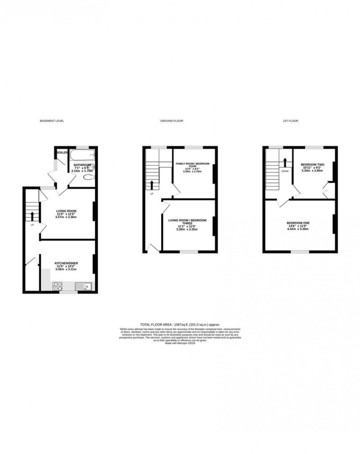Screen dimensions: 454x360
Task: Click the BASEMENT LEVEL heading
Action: [x=52, y=121]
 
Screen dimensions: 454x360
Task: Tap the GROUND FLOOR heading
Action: [x=172, y=121]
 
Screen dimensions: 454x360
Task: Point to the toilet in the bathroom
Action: [x=88, y=178]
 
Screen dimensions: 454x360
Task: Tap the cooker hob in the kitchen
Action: [x=58, y=286]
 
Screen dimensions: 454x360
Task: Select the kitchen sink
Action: [x=83, y=286]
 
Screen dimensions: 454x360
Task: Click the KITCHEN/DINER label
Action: [x=66, y=263]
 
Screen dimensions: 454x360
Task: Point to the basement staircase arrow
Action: [x=32, y=216]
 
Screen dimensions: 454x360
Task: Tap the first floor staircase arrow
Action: [x=285, y=162]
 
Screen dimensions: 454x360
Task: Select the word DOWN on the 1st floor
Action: [x=285, y=171]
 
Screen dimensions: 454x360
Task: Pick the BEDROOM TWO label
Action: [x=312, y=164]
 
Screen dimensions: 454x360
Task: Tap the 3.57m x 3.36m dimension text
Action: [x=66, y=217]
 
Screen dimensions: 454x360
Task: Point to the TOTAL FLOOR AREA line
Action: [x=180, y=325]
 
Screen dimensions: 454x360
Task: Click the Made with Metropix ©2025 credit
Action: [x=180, y=343]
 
